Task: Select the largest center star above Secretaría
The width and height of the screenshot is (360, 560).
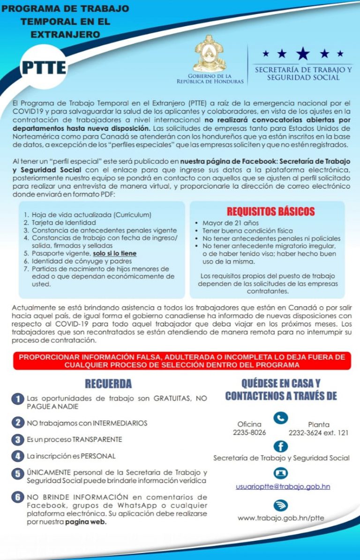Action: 302,53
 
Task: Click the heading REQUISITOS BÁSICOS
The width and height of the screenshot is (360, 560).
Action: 271,212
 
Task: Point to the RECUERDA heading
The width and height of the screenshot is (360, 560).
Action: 108,384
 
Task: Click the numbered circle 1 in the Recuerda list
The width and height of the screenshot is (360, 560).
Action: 18,399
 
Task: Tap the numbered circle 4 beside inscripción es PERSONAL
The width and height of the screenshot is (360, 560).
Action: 18,455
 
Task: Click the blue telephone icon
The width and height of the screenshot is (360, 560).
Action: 281,417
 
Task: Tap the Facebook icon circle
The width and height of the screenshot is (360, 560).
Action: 281,446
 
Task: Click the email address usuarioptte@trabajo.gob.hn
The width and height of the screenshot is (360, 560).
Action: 283,486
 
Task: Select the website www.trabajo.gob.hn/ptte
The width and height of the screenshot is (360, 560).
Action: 281,518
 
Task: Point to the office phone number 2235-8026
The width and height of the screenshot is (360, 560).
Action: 249,432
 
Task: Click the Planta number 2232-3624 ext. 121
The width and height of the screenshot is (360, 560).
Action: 318,432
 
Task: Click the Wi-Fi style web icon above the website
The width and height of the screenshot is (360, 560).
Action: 281,505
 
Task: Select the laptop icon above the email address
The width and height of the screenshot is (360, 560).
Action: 281,473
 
